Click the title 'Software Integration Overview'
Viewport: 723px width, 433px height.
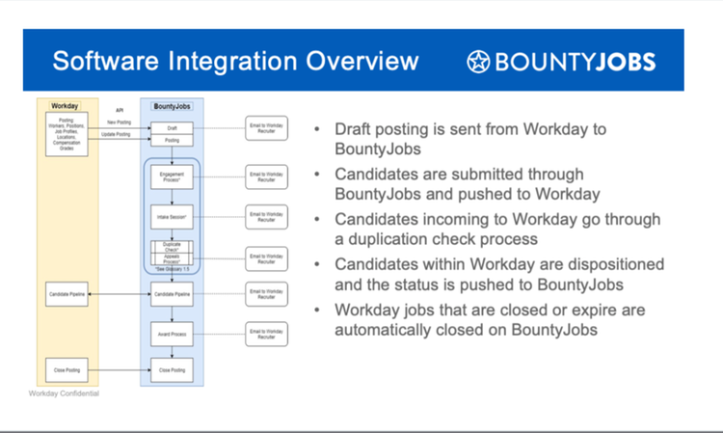pos(235,62)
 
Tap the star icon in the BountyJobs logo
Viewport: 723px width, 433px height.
pos(478,63)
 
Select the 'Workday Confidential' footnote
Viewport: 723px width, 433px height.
pos(64,394)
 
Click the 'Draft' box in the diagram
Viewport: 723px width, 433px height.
pos(173,127)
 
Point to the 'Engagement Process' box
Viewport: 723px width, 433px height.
pos(173,177)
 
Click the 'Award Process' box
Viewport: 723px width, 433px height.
pos(173,334)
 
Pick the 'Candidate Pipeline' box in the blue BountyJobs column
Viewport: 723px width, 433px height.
pos(173,293)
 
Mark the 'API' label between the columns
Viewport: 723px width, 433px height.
pos(120,111)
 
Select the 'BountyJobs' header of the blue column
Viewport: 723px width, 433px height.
pos(172,105)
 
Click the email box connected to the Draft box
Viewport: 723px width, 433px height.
pos(266,127)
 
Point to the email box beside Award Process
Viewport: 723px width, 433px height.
pos(266,334)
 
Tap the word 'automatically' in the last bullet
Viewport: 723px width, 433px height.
pos(385,329)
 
